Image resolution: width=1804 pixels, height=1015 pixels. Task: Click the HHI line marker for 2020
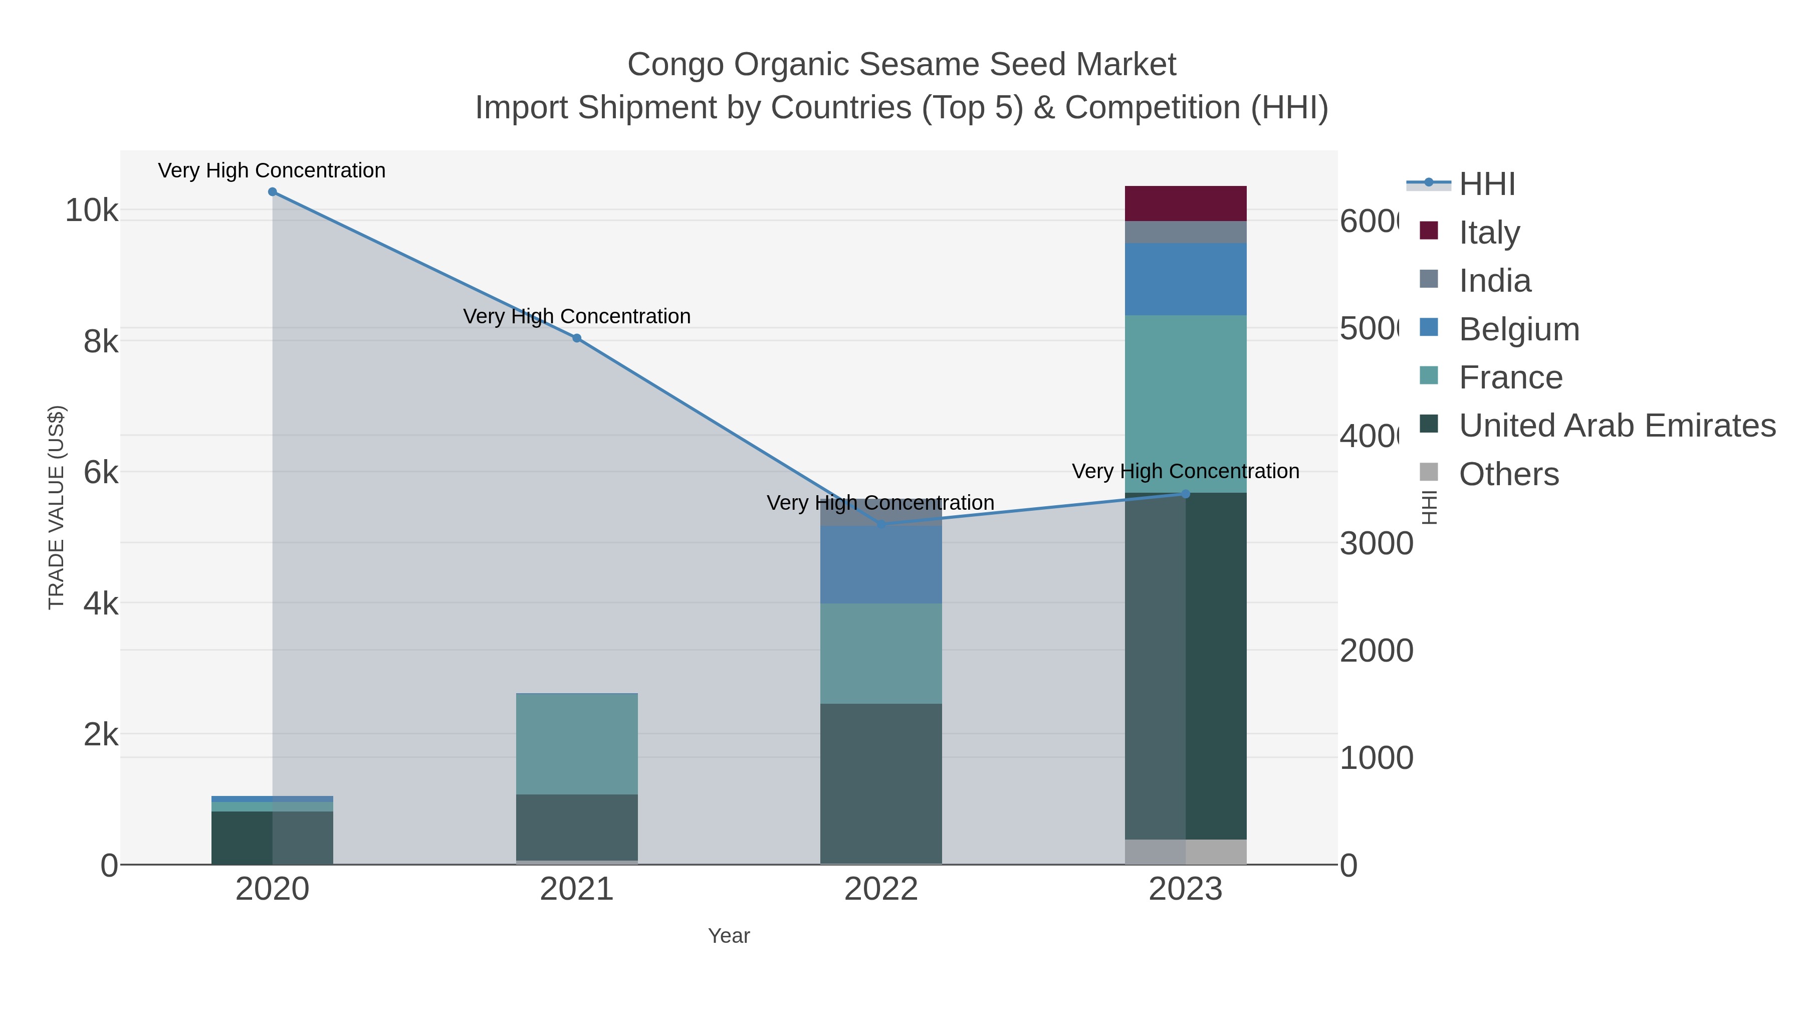click(273, 192)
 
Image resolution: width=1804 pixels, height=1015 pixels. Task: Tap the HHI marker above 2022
click(881, 525)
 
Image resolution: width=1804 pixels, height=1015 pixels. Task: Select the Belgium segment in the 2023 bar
click(1186, 279)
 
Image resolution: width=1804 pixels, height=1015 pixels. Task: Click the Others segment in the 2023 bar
click(1186, 852)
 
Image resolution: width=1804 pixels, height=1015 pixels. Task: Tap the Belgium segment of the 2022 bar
click(881, 564)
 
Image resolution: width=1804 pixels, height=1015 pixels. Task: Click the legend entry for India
click(1494, 281)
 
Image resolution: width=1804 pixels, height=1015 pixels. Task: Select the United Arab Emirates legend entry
click(1616, 426)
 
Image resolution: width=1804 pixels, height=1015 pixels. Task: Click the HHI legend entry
click(1487, 184)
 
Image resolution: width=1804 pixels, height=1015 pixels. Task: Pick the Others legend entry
click(1508, 474)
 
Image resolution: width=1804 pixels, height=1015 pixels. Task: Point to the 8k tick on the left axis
click(100, 342)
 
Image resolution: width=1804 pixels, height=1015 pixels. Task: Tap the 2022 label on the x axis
click(881, 890)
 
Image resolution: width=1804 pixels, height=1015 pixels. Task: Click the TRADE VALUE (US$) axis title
click(56, 507)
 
